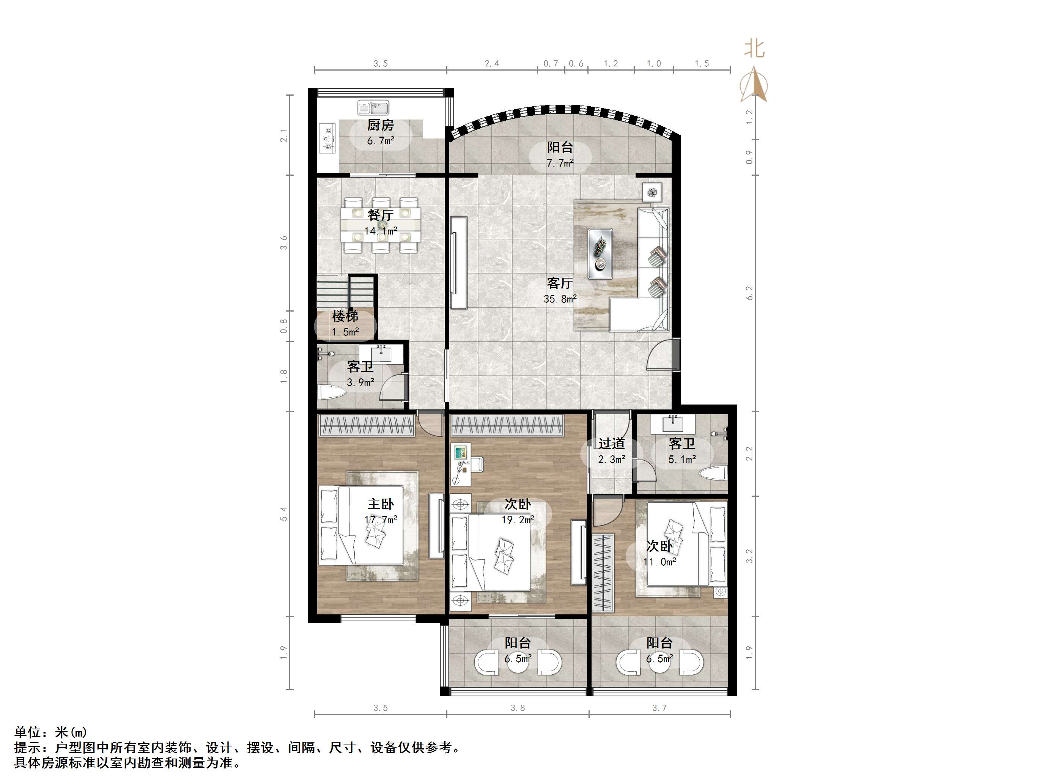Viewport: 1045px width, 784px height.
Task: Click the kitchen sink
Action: click(373, 108)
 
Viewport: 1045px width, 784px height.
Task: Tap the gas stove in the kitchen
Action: click(327, 139)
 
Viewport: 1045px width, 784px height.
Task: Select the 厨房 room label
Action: click(380, 125)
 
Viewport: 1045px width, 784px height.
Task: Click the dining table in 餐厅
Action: click(381, 225)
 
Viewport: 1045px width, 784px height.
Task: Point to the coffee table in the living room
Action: click(600, 253)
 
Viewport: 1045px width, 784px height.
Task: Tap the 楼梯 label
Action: click(345, 316)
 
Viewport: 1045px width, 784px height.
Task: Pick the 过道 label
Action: click(611, 444)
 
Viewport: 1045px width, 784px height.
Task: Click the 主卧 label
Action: click(380, 504)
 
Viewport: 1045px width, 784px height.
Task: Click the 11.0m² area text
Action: click(659, 562)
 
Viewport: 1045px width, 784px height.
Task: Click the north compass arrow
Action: click(754, 85)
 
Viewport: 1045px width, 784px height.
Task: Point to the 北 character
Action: click(754, 49)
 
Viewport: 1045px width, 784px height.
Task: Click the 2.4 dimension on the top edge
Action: click(491, 64)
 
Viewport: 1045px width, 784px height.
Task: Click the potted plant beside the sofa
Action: click(652, 192)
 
